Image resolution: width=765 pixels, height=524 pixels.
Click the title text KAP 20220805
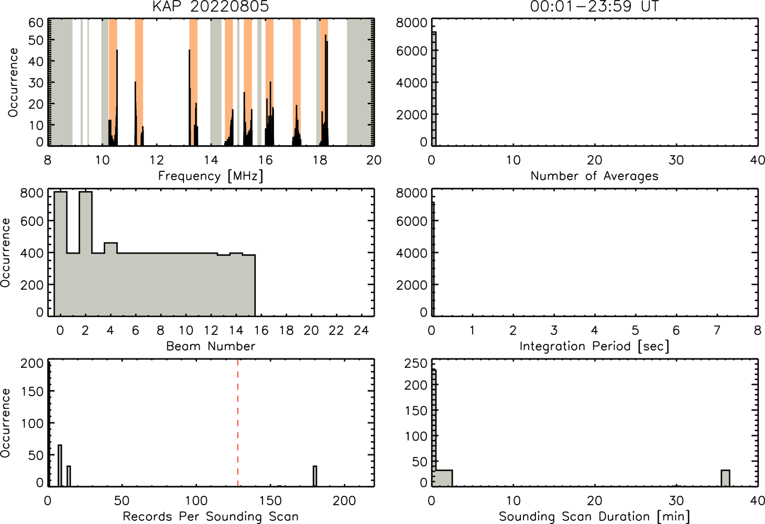[x=211, y=6]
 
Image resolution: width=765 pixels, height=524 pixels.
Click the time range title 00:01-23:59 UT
[x=594, y=6]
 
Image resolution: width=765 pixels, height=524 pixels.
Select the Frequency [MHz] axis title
[x=211, y=176]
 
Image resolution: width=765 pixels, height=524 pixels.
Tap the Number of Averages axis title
[x=594, y=176]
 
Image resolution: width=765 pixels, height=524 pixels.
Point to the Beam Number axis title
[x=211, y=346]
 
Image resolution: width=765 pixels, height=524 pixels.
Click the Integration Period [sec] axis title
[x=594, y=346]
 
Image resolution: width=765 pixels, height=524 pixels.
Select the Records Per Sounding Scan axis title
[x=211, y=516]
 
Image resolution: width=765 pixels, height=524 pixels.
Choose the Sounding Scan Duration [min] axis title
[x=594, y=516]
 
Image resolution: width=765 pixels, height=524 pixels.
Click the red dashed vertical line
[x=238, y=423]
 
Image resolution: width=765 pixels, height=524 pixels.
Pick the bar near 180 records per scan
[x=315, y=476]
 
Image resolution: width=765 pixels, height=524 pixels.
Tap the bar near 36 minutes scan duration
[x=725, y=478]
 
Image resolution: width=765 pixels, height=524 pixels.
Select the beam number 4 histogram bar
[x=111, y=279]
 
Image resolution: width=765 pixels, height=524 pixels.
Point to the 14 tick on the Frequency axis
[x=211, y=160]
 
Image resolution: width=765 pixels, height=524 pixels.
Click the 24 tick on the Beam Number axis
[x=362, y=330]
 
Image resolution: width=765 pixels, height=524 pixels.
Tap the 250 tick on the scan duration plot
[x=416, y=364]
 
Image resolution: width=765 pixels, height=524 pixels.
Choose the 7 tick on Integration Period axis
[x=717, y=330]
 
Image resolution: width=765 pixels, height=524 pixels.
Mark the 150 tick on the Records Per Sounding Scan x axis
[x=270, y=501]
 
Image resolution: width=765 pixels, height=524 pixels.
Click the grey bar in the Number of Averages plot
[x=434, y=89]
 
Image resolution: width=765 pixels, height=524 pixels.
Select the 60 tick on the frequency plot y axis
[x=36, y=23]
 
